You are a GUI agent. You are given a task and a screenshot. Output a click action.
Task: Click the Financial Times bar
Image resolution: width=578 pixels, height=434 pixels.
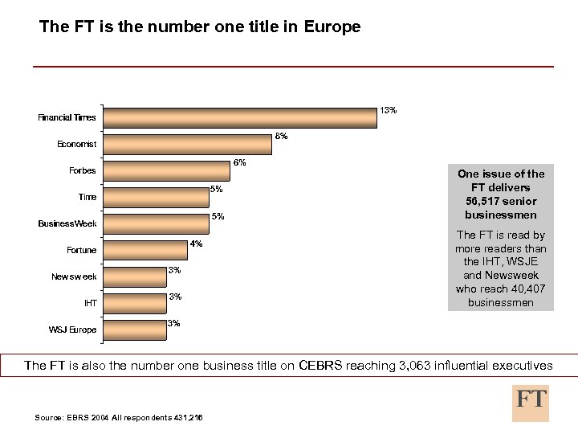241,117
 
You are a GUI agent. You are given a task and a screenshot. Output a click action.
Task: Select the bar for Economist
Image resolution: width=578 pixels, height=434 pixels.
189,144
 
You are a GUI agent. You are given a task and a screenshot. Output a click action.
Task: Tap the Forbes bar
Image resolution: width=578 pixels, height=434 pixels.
168,170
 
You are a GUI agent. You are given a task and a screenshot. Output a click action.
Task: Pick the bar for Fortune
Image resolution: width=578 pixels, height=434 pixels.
147,250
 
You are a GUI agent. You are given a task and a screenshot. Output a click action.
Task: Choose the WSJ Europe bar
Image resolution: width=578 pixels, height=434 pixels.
132,330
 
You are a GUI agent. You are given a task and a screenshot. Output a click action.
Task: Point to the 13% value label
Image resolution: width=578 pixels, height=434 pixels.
388,109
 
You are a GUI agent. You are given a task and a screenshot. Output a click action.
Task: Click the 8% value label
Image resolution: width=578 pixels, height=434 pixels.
281,136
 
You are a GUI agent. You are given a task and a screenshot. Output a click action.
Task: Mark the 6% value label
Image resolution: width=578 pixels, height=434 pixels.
239,162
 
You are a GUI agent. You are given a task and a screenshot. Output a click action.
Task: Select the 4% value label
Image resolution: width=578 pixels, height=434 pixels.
196,244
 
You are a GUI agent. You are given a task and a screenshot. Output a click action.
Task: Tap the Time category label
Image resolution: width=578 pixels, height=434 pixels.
87,197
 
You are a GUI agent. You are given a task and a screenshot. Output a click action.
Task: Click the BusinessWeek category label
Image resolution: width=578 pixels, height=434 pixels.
67,223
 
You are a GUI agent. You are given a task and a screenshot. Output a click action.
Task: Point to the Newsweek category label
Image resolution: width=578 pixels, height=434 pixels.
74,276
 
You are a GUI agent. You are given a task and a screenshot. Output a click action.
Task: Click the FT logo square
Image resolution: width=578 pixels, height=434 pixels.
531,402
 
